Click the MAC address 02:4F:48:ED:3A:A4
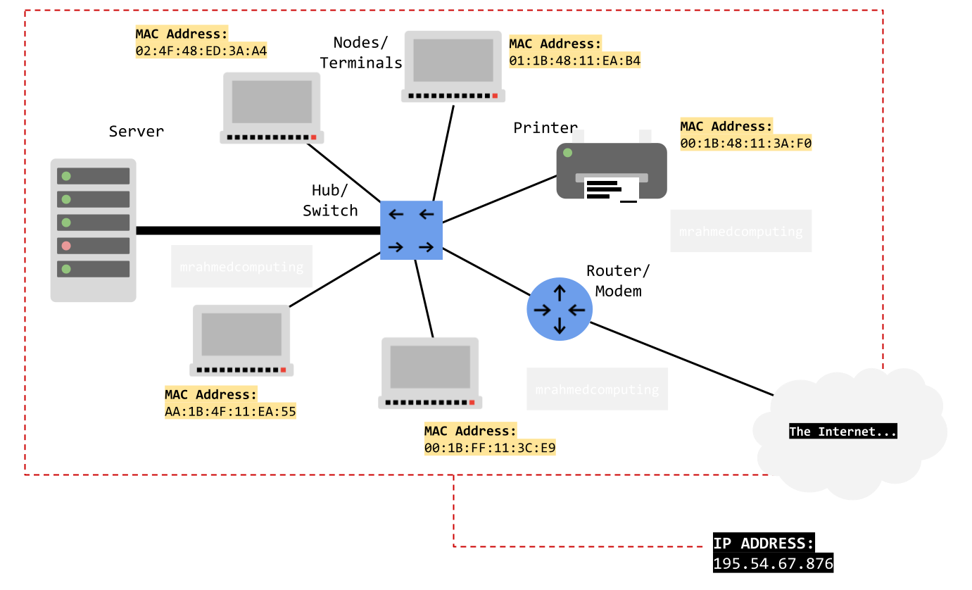pos(201,51)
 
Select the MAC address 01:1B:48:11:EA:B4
pos(575,61)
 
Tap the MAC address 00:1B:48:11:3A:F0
pos(746,144)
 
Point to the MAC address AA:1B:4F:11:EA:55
pos(230,412)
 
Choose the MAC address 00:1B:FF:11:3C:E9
pos(490,448)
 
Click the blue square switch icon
pos(411,230)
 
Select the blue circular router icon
pos(560,309)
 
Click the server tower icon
pos(93,230)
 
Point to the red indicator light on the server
pos(66,246)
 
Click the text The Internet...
pos(842,432)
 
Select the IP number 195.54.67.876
pos(773,564)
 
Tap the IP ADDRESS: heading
pos(763,544)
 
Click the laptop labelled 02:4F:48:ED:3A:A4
pos(272,108)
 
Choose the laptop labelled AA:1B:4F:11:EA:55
pos(241,340)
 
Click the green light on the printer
pos(567,153)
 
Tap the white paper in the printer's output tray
pos(611,190)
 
